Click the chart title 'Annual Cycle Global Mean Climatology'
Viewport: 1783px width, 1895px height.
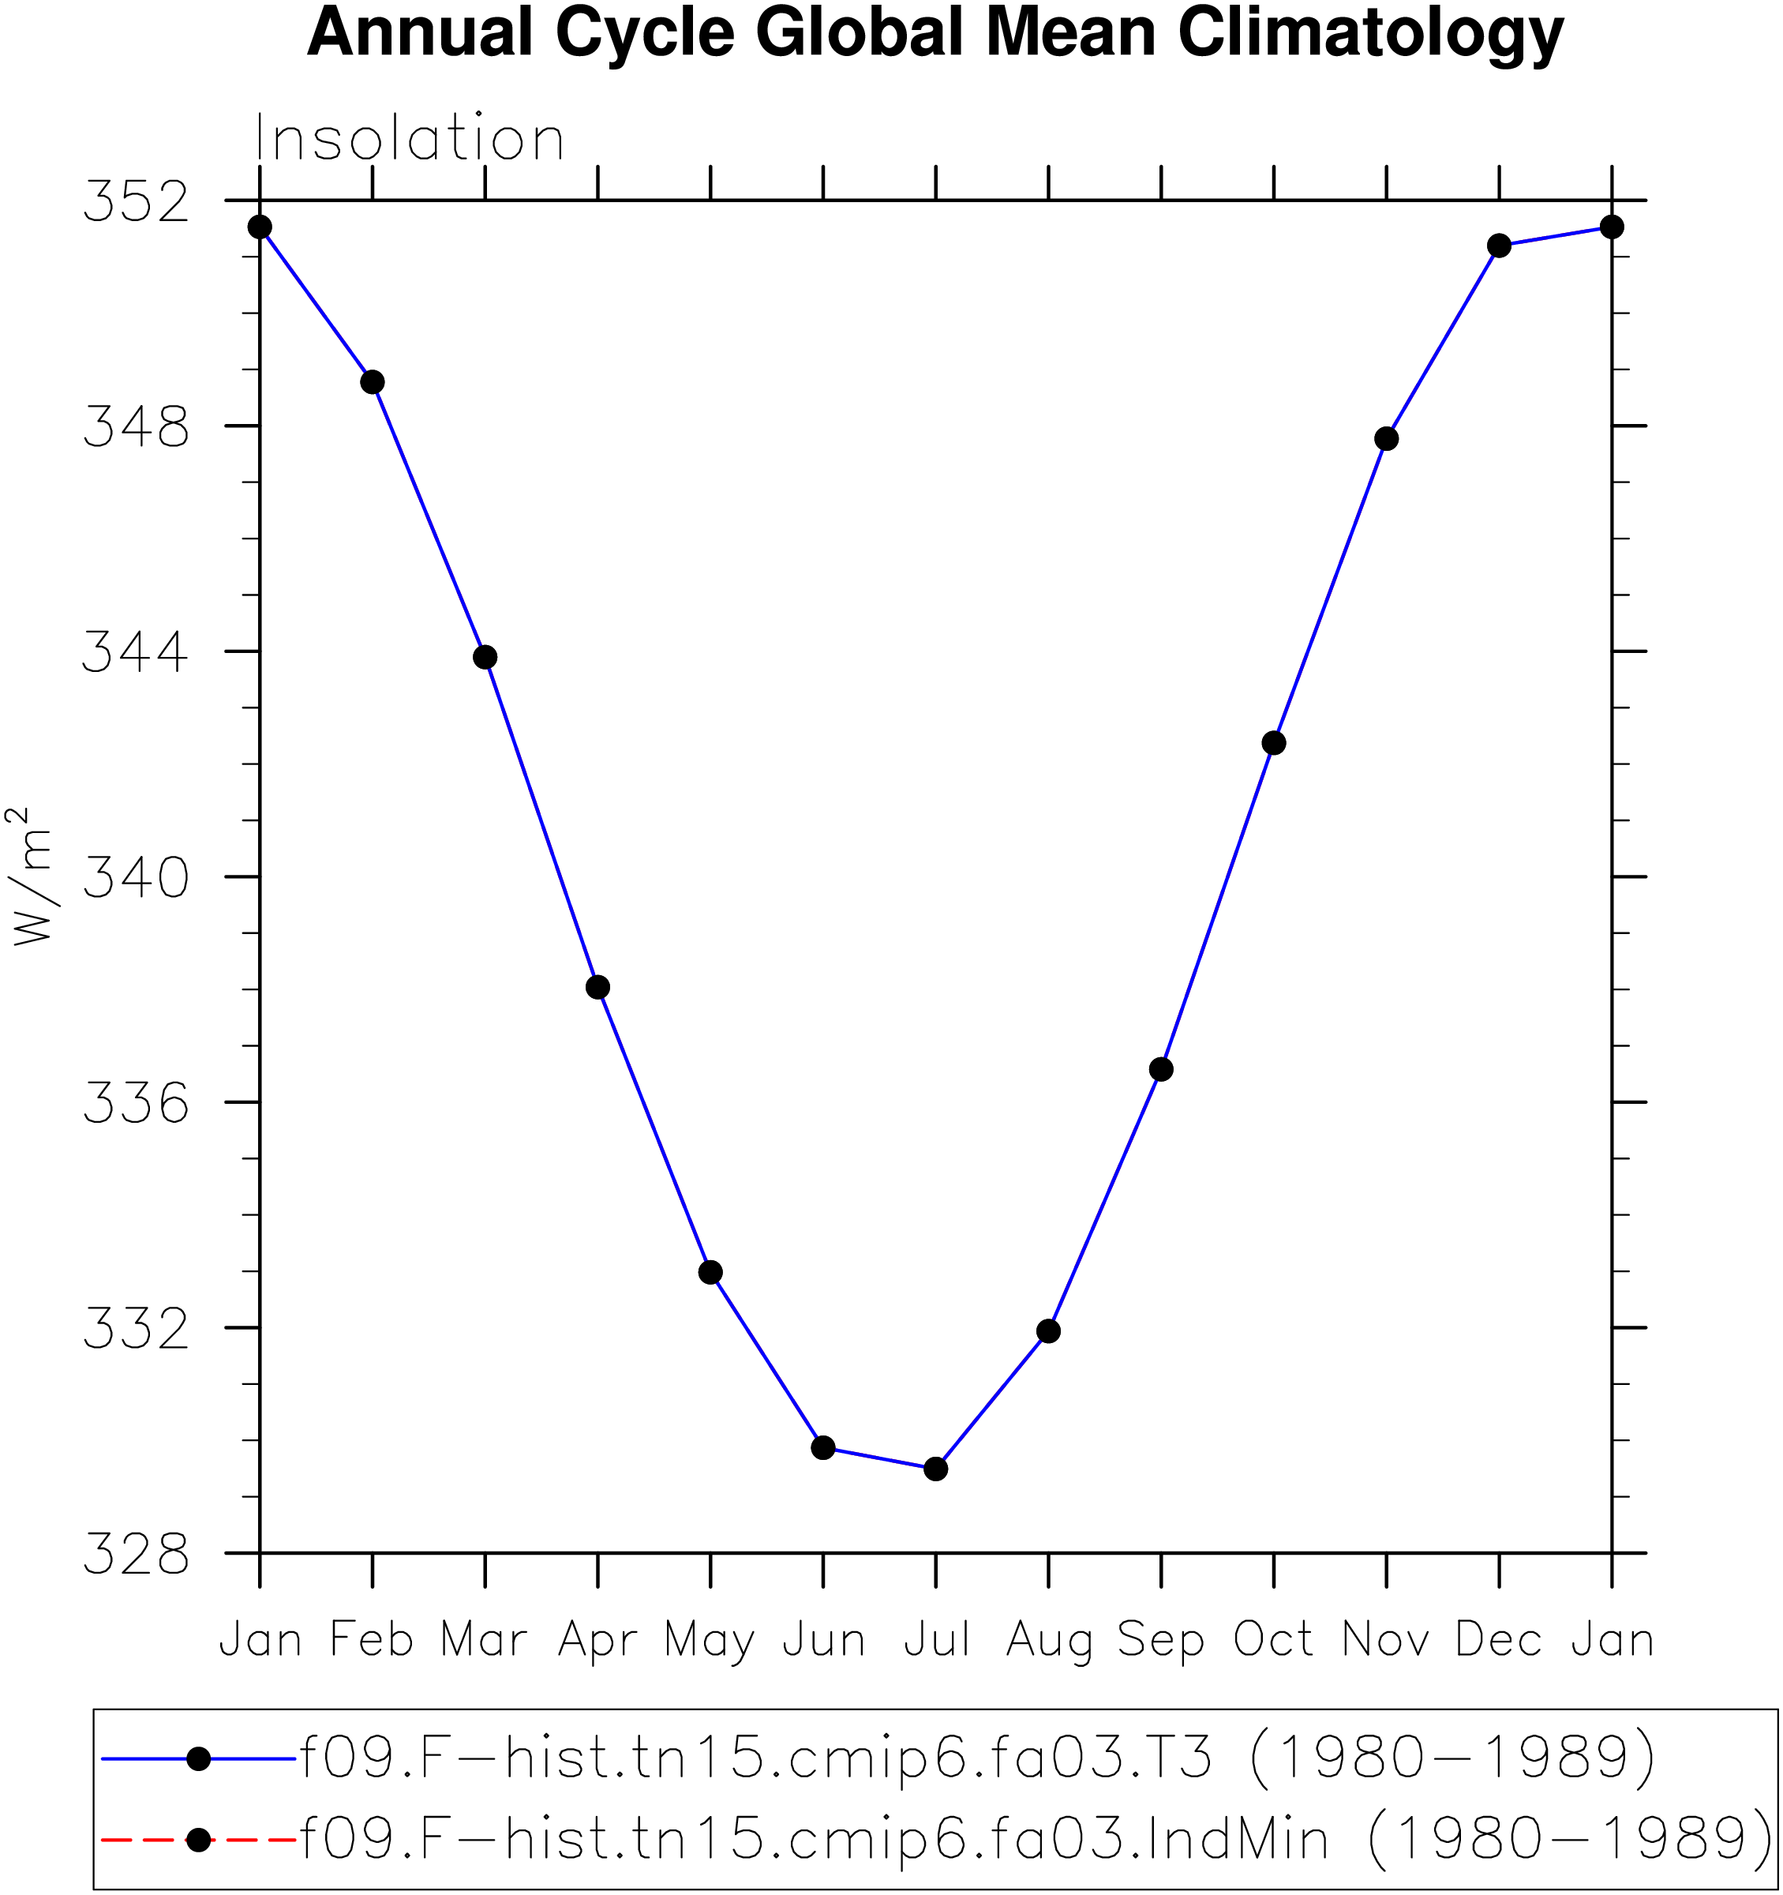[935, 34]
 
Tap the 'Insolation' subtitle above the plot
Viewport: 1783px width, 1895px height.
[410, 138]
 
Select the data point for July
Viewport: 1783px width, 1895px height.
[936, 1469]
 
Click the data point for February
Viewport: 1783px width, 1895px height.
[373, 382]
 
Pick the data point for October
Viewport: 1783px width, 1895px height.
[1274, 742]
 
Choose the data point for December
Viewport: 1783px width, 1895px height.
[1499, 246]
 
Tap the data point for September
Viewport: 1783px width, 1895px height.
[1161, 1070]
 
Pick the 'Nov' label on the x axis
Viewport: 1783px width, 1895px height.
[1386, 1641]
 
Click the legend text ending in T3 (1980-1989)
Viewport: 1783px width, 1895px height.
[978, 1756]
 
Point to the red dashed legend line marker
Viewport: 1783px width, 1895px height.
[198, 1840]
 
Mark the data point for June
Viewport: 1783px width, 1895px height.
[823, 1448]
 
